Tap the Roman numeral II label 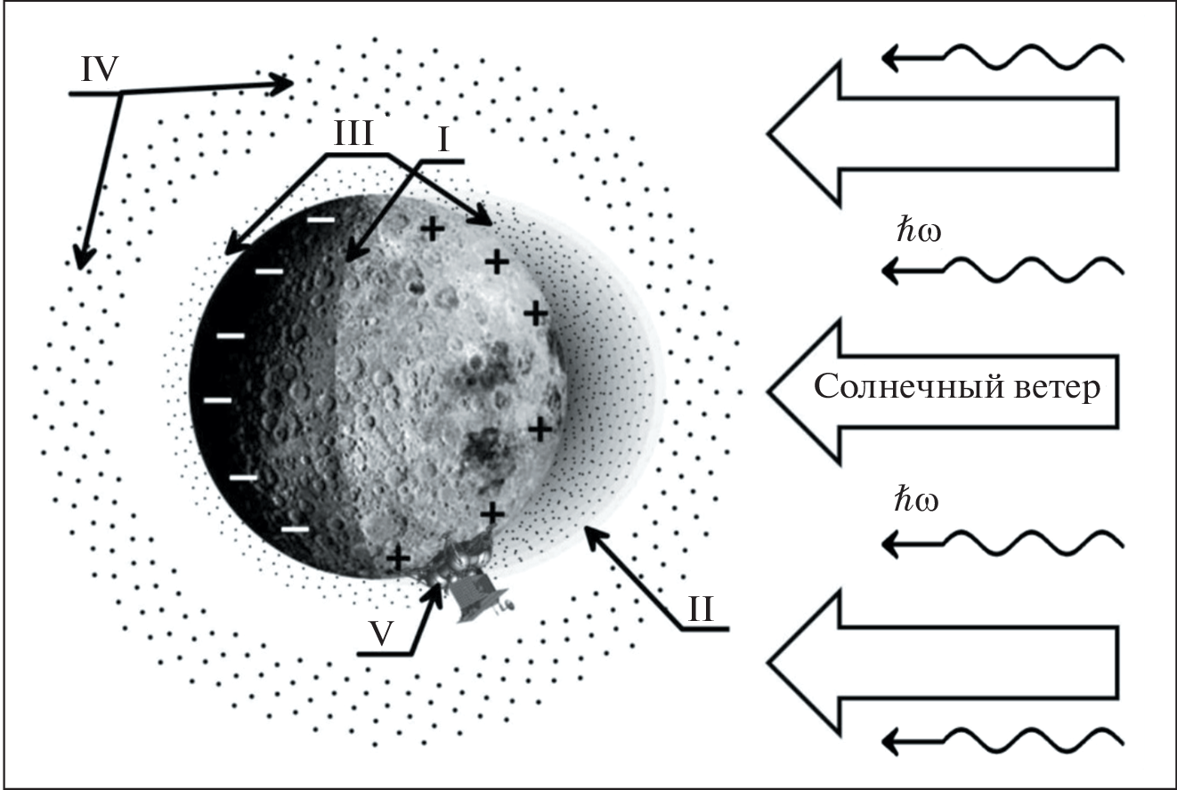tap(706, 611)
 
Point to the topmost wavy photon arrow tap(1002, 58)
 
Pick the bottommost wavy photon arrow tap(1002, 738)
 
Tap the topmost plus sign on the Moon tap(432, 229)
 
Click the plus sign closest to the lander tap(399, 558)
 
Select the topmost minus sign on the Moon tap(322, 219)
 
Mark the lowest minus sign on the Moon tap(296, 529)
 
